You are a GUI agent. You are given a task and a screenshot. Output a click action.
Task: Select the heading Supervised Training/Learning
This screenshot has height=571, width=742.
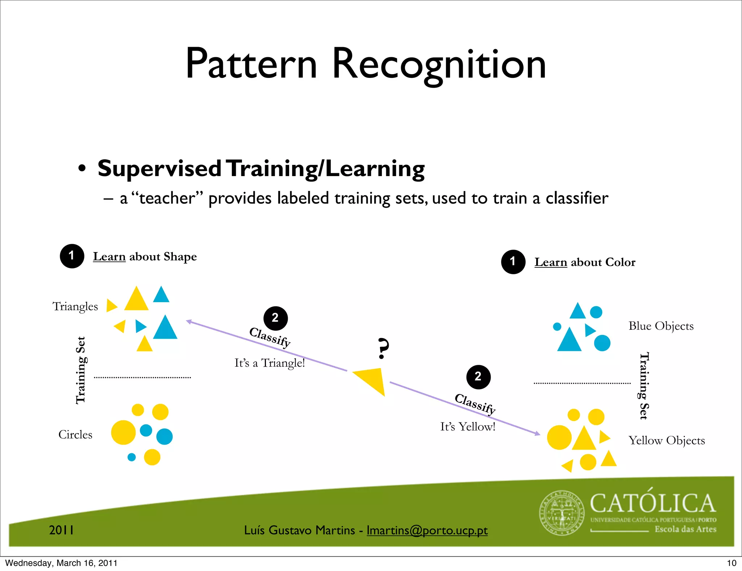pyautogui.click(x=261, y=169)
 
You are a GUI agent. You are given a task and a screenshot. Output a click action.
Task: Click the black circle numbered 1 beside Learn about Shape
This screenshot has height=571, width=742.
pyautogui.click(x=72, y=256)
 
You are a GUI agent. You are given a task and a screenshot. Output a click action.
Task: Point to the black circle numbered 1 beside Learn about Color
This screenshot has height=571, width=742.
pyautogui.click(x=513, y=262)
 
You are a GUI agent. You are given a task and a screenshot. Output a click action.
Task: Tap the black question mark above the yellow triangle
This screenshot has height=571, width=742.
pyautogui.click(x=383, y=348)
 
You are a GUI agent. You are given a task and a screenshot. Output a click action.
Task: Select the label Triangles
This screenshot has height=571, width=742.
pyautogui.click(x=75, y=307)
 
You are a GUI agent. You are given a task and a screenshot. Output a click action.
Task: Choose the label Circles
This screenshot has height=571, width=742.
pyautogui.click(x=75, y=434)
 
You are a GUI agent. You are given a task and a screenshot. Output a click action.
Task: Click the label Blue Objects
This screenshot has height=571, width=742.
pyautogui.click(x=661, y=326)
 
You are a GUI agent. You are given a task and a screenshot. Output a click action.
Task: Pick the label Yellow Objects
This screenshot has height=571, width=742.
pyautogui.click(x=667, y=441)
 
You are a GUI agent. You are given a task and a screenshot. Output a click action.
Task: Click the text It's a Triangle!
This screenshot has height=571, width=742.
pyautogui.click(x=270, y=363)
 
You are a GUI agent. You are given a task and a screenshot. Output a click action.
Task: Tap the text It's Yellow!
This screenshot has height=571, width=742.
pyautogui.click(x=467, y=427)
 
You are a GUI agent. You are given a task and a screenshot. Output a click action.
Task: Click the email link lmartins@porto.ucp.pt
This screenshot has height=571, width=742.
pyautogui.click(x=427, y=530)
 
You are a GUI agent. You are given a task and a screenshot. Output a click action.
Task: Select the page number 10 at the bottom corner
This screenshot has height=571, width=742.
pyautogui.click(x=731, y=563)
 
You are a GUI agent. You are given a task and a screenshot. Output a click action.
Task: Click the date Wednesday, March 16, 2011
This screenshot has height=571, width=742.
pyautogui.click(x=61, y=563)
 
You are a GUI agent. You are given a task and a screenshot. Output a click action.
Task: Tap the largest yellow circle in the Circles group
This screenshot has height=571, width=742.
pyautogui.click(x=123, y=432)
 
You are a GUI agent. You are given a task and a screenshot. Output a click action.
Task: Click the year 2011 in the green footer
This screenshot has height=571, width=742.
pyautogui.click(x=62, y=530)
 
